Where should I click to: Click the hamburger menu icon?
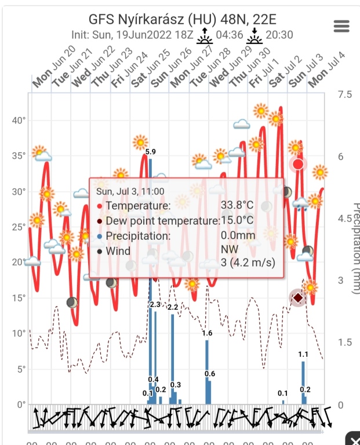pos(341,25)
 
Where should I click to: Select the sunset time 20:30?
pos(279,35)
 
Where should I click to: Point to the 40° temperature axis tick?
pos(19,120)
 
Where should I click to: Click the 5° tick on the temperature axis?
pos(20,369)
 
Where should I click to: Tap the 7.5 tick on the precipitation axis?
pos(345,94)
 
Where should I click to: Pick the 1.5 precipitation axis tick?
pos(345,342)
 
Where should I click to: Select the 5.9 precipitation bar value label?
pos(150,152)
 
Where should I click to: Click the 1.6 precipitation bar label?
pos(207,333)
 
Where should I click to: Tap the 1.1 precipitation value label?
pos(303,354)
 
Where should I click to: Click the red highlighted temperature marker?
pos(298,164)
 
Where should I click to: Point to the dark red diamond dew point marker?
pos(298,298)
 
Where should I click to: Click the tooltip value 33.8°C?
pos(237,206)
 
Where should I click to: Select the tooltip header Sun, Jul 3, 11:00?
pos(130,191)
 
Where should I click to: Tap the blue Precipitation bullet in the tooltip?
pos(100,236)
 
